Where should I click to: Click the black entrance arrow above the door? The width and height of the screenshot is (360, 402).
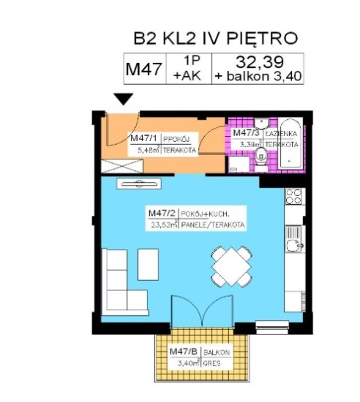[x=124, y=99]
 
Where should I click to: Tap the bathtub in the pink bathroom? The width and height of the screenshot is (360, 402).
[x=290, y=140]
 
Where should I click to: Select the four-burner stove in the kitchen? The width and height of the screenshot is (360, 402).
[x=294, y=196]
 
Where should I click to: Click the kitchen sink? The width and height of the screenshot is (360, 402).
[x=294, y=237]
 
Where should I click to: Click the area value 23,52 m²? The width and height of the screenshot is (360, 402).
[x=160, y=226]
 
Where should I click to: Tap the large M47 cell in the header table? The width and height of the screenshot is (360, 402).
[x=144, y=69]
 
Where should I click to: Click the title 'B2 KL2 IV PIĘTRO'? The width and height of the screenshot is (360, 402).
[x=216, y=38]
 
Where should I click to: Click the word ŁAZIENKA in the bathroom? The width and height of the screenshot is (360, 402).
[x=282, y=133]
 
